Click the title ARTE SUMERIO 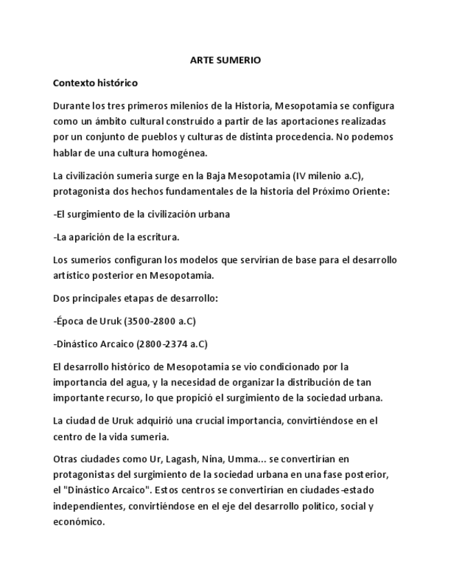pos(225,61)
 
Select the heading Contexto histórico pos(95,83)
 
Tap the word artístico pos(72,275)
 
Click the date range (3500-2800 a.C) pos(160,321)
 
